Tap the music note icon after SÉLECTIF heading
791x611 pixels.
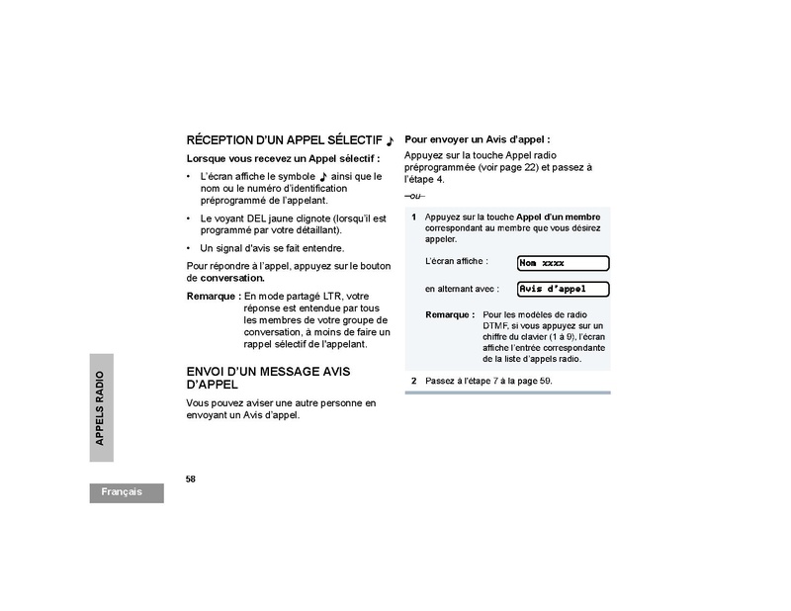click(391, 141)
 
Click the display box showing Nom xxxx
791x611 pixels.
click(563, 263)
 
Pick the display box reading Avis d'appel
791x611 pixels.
click(563, 289)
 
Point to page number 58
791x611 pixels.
click(191, 479)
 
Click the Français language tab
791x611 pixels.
click(123, 491)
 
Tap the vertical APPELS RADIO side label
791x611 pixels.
click(99, 407)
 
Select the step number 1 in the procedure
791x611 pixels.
click(413, 217)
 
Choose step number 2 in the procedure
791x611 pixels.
click(413, 381)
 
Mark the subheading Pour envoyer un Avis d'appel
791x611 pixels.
click(477, 140)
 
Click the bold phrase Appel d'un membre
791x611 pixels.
click(559, 217)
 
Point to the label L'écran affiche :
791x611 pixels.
click(454, 260)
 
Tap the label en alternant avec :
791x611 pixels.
click(461, 289)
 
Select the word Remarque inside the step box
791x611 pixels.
click(450, 314)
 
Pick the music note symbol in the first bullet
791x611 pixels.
click(323, 177)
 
